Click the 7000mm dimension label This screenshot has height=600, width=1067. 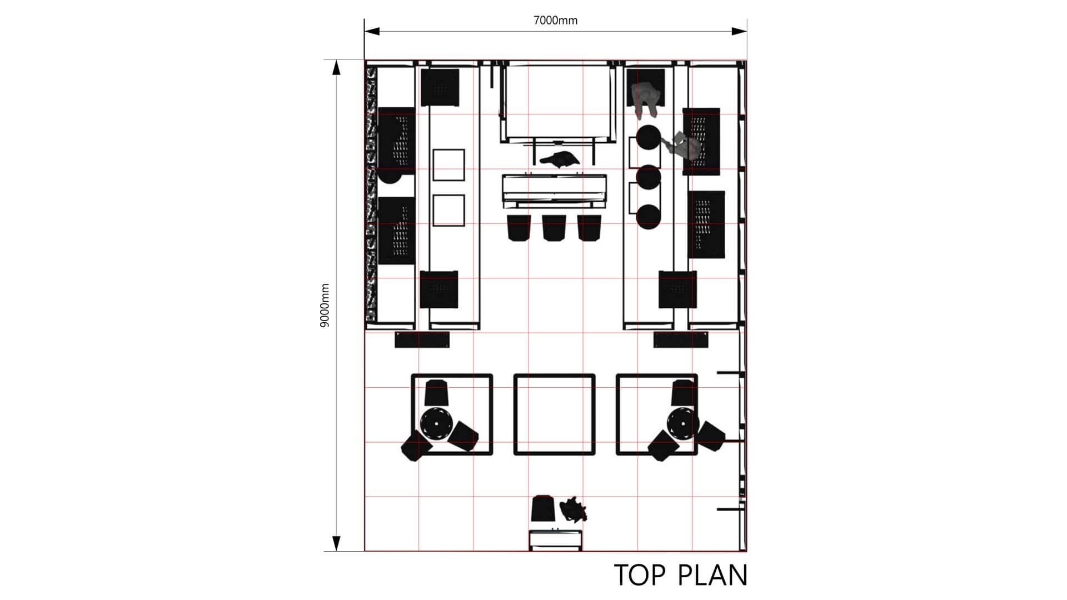pos(555,21)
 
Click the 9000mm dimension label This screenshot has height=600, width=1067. pos(325,305)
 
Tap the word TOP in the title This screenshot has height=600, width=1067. pos(639,575)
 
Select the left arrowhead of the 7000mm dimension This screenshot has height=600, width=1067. pos(372,31)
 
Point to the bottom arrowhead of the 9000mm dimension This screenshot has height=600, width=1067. pos(336,543)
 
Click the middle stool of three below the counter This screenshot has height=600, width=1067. pos(551,228)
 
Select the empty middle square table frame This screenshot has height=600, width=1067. pos(554,375)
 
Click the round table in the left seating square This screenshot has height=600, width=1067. pos(436,423)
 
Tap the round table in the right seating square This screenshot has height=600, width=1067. pos(683,423)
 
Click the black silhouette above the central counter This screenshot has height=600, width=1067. pos(560,159)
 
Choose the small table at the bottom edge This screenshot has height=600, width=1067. pos(556,541)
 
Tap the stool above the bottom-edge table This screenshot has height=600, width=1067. pos(543,508)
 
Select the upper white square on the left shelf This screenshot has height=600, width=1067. pos(448,164)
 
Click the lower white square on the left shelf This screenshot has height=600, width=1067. pos(448,211)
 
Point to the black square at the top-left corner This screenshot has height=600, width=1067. pos(440,87)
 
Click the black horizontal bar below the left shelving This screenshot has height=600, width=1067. pos(422,340)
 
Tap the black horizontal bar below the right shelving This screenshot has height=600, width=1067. pos(681,340)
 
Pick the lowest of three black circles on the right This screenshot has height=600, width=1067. pos(649,217)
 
